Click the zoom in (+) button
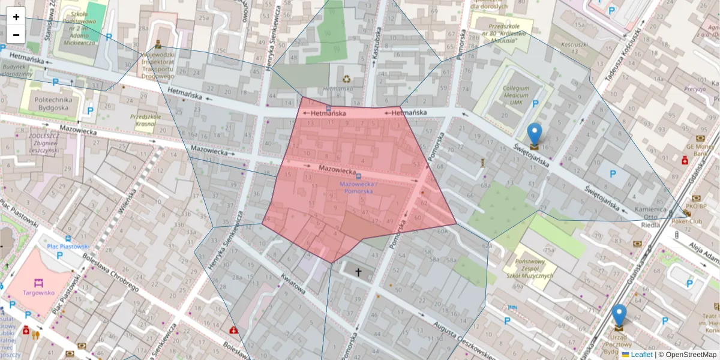point(16,17)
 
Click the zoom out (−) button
point(16,35)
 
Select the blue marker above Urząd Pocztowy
point(619,316)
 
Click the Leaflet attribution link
point(641,355)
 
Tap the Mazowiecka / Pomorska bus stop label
point(358,188)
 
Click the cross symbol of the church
point(359,272)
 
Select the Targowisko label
point(39,293)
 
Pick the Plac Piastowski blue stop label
point(68,246)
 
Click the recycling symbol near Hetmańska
point(347,78)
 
